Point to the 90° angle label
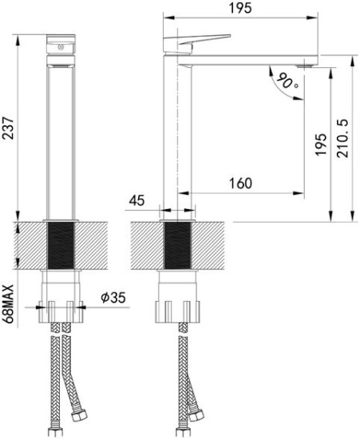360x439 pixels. pyautogui.click(x=288, y=81)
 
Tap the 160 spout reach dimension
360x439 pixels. pyautogui.click(x=239, y=184)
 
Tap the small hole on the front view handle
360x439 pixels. pyautogui.click(x=61, y=49)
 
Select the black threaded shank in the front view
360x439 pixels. pyautogui.click(x=61, y=246)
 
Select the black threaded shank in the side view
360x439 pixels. pyautogui.click(x=176, y=246)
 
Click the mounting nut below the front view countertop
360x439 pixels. pyautogui.click(x=61, y=307)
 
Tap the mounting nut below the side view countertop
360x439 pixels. pyautogui.click(x=176, y=307)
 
